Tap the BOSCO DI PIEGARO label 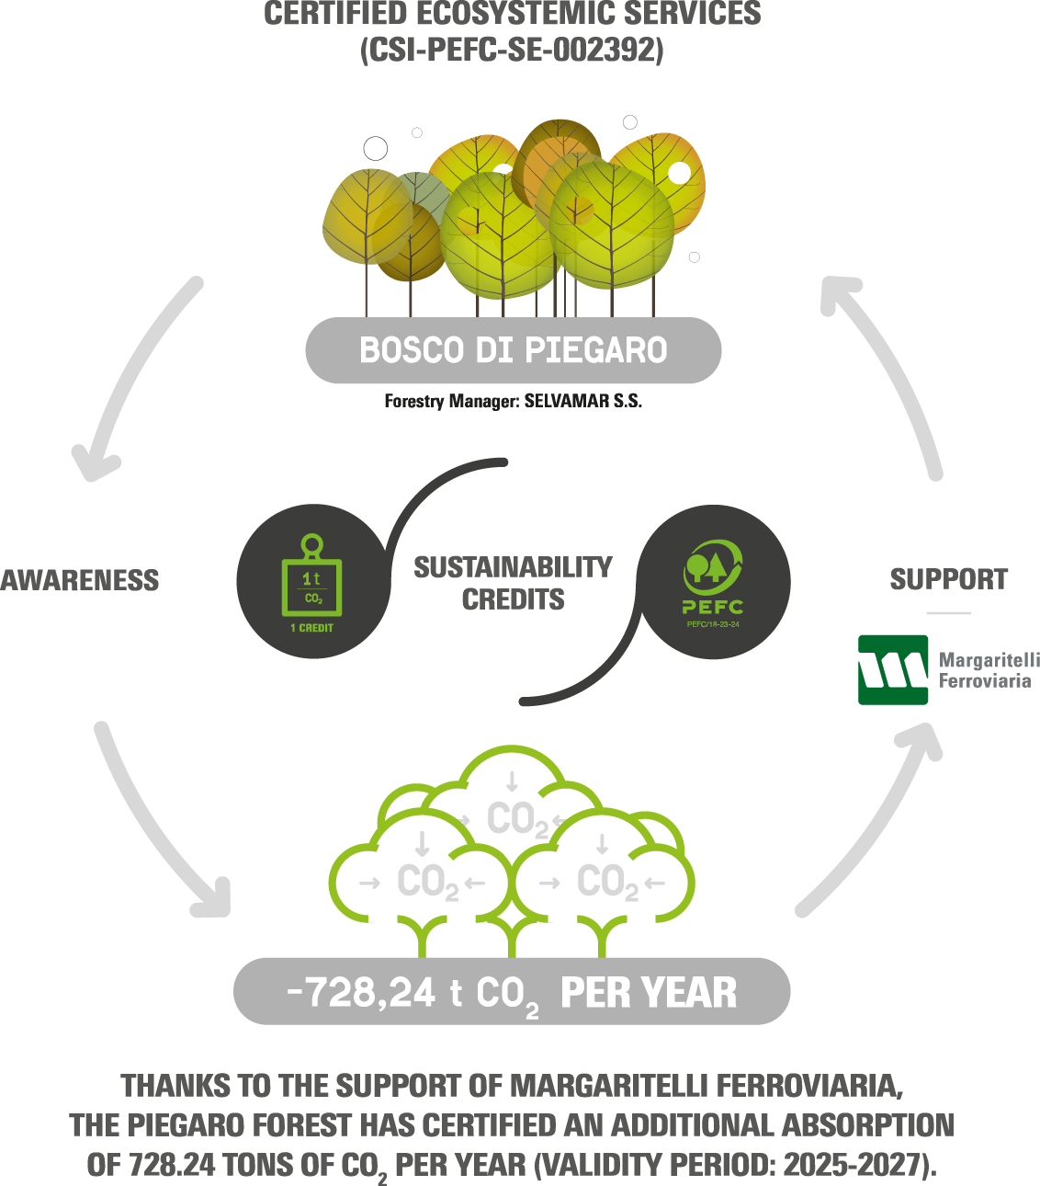[513, 350]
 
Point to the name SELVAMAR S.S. [582, 401]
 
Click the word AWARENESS [79, 580]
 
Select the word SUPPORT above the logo [948, 579]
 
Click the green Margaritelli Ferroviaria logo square [893, 669]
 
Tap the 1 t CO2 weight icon [311, 575]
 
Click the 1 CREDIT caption [311, 628]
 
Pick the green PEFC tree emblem [713, 562]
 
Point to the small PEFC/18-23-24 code [713, 624]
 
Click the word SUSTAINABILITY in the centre [513, 567]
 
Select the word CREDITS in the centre [513, 599]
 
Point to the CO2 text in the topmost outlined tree [517, 819]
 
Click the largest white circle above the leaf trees [376, 149]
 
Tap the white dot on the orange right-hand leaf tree [680, 173]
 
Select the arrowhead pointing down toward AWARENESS [94, 466]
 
